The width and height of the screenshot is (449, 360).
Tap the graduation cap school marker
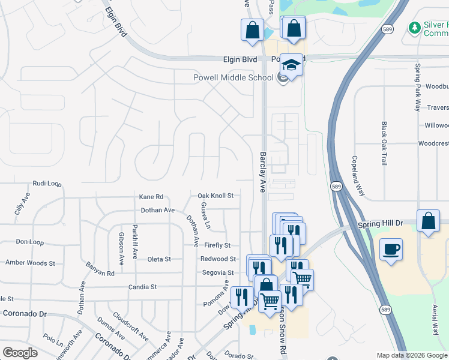[291, 65]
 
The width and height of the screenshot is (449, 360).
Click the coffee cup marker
[391, 249]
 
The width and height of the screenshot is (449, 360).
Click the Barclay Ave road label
[263, 171]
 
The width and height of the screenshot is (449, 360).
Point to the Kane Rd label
[151, 196]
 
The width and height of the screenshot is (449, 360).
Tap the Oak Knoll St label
[215, 196]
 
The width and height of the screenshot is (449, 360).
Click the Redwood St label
[217, 259]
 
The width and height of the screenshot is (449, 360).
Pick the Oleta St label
[159, 259]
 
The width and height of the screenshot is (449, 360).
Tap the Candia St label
[142, 287]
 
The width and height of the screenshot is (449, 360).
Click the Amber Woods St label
[30, 263]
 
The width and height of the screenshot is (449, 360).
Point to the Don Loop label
[29, 242]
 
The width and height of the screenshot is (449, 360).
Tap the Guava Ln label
[206, 215]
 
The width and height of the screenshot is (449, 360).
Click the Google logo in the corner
[20, 353]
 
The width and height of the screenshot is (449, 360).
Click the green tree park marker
[414, 28]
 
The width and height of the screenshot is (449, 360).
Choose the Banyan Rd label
[100, 269]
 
